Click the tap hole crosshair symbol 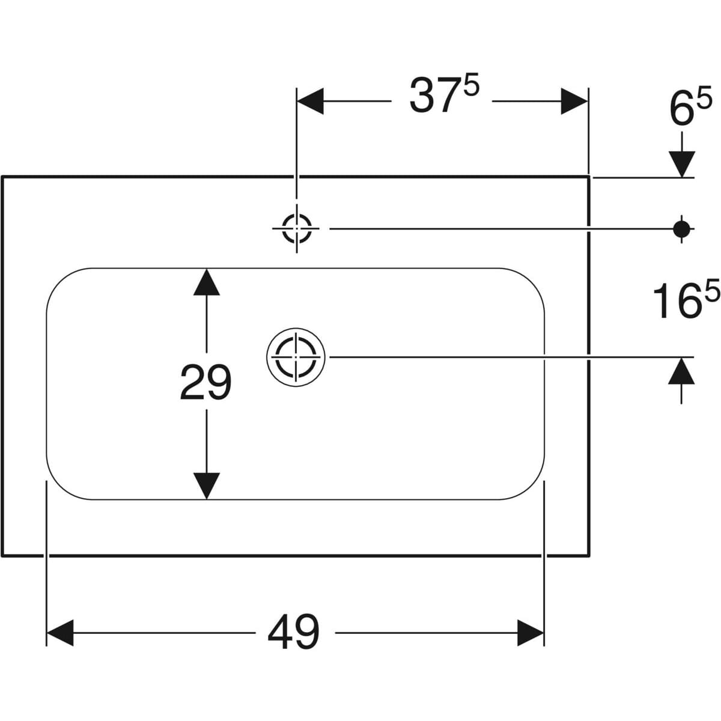coord(297,228)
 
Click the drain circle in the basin coord(296,356)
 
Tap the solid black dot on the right coord(681,228)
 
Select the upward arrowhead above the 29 coord(206,282)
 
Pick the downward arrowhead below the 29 coord(206,485)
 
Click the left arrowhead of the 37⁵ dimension coord(311,101)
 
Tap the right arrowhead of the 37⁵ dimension coord(574,101)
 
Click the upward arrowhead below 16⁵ coord(681,371)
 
